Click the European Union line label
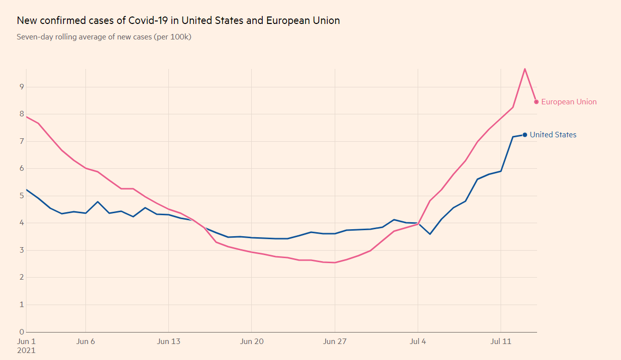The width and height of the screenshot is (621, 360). coord(569,102)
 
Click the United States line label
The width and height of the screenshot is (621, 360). coord(553,135)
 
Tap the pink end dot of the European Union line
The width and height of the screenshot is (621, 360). coord(536,102)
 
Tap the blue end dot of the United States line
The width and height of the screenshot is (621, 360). coord(525,135)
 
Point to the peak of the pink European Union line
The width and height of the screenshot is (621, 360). coord(525,68)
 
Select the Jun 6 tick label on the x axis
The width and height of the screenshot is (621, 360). coord(86,342)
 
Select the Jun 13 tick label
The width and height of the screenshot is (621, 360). coord(168,342)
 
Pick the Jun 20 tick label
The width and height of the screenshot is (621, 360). coord(251,342)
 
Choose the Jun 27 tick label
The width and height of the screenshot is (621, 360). coord(334,342)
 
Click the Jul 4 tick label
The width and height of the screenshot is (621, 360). coord(418,342)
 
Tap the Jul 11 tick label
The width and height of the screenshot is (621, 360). coord(501,342)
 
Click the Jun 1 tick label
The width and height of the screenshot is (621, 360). coord(26,342)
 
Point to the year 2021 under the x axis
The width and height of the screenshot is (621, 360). coord(26,351)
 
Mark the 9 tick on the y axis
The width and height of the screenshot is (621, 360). coord(21,87)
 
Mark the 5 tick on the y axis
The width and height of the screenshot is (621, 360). coord(21,196)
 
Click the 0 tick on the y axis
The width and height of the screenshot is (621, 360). coord(21,332)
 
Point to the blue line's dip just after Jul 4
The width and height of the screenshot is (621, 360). coord(430,234)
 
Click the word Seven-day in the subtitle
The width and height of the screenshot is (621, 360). coord(33,37)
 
